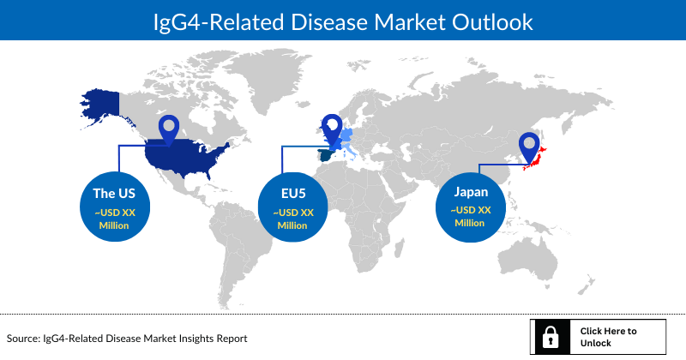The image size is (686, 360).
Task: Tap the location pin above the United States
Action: coord(169,131)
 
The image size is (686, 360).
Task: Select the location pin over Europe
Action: coord(331,129)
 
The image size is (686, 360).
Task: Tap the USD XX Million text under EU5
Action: coord(294,219)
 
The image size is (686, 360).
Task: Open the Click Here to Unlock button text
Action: coord(608,337)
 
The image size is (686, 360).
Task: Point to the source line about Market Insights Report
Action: coord(128,339)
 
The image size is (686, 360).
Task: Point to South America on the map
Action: coord(232,240)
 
